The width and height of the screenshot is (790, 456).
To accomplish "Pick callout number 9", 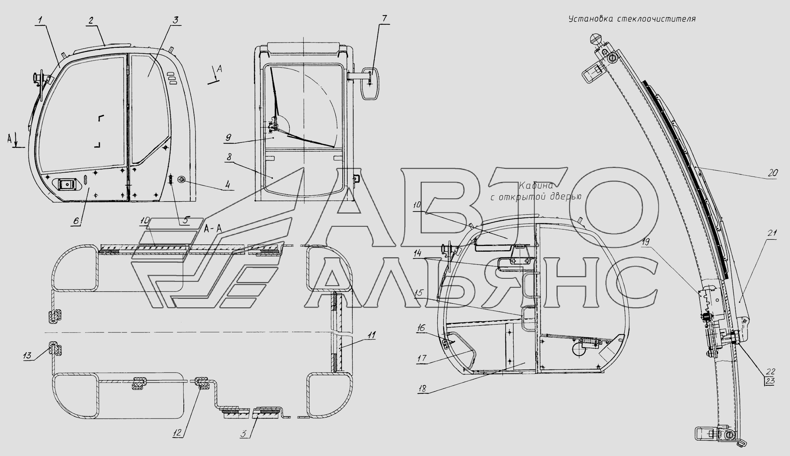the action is pos(228,137).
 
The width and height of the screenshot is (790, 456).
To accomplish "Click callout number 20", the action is pos(773,173).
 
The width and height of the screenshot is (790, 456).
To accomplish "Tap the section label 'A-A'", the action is pos(213,229).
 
